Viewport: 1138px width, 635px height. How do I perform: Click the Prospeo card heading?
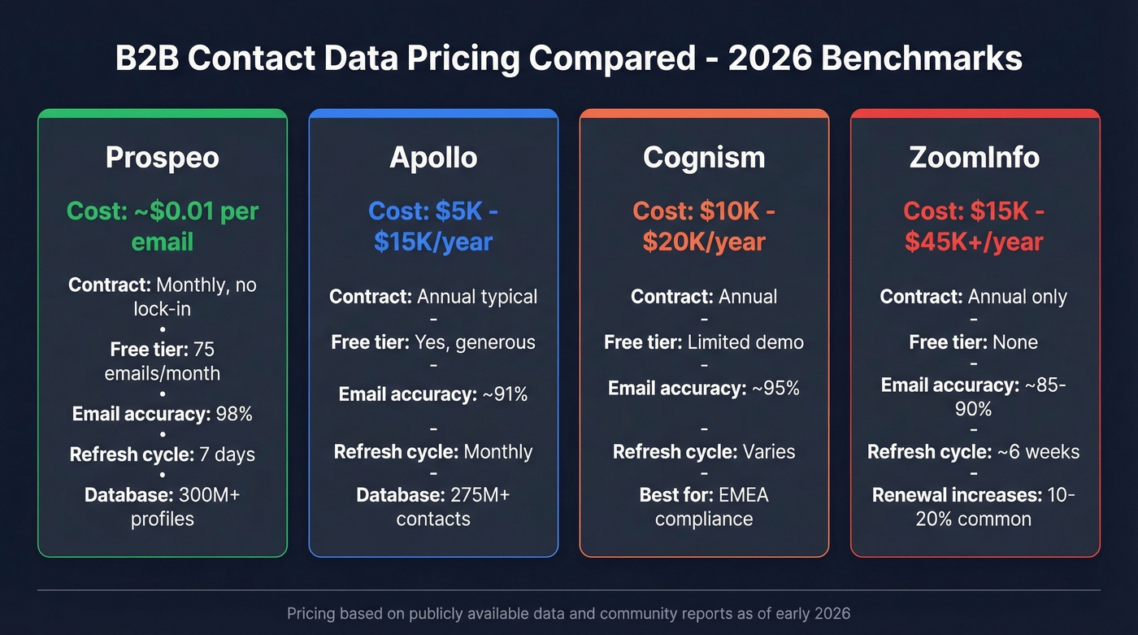pyautogui.click(x=162, y=157)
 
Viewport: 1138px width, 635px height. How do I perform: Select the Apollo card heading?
pyautogui.click(x=432, y=157)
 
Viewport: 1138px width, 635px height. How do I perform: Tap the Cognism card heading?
pyautogui.click(x=704, y=157)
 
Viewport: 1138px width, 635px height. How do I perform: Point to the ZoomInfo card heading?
pyautogui.click(x=974, y=157)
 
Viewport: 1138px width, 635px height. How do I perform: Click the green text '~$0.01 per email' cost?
pyautogui.click(x=162, y=226)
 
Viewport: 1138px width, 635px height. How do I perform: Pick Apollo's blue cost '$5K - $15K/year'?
pyautogui.click(x=432, y=226)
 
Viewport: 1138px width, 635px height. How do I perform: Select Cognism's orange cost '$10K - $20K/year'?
pyautogui.click(x=704, y=226)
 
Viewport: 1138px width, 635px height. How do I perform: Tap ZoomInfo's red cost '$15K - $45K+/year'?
pyautogui.click(x=974, y=226)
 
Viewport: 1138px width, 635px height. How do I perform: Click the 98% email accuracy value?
pyautogui.click(x=234, y=414)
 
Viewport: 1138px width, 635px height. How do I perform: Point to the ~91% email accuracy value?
pyautogui.click(x=505, y=395)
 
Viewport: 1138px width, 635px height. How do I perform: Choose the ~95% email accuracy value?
pyautogui.click(x=775, y=389)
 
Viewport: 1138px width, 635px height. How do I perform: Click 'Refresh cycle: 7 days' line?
pyautogui.click(x=162, y=455)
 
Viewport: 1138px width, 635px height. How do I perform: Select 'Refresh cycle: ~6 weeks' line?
pyautogui.click(x=974, y=452)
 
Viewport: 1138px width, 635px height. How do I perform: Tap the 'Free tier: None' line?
pyautogui.click(x=974, y=342)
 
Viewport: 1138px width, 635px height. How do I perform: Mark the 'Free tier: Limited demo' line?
pyautogui.click(x=704, y=342)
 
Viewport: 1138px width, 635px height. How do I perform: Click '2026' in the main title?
pyautogui.click(x=772, y=59)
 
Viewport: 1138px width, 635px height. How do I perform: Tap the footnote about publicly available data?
pyautogui.click(x=568, y=613)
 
